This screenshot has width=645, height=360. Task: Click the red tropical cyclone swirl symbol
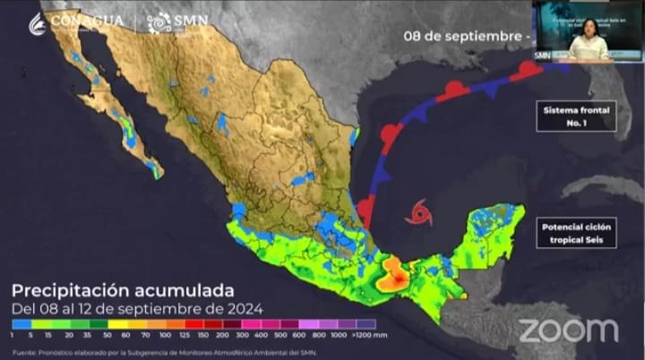417,212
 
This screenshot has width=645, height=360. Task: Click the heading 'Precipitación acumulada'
123,290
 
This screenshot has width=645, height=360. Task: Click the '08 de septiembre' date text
460,37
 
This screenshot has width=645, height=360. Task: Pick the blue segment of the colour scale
21,323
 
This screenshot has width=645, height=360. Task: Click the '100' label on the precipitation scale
165,334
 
